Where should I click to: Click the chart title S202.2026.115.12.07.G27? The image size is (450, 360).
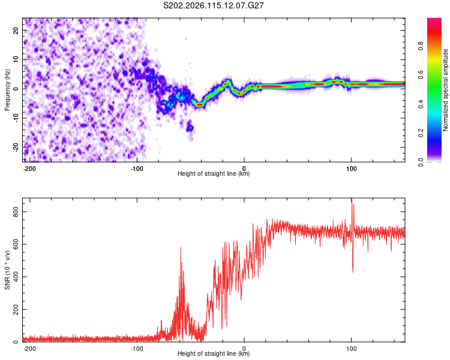tap(213, 5)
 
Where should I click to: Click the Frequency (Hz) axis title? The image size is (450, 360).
tap(7, 90)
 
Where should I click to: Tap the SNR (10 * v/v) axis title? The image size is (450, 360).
tap(7, 270)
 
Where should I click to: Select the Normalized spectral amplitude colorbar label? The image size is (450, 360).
tap(445, 90)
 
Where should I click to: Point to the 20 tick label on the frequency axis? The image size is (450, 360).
tap(16, 31)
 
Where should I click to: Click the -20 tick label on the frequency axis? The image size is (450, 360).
tap(16, 147)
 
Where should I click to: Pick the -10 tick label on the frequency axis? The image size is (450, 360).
tap(16, 118)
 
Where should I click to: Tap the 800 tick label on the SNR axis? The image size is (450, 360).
tap(16, 212)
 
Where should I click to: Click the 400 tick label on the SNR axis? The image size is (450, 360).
tap(16, 277)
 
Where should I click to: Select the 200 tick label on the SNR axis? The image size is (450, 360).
tap(16, 310)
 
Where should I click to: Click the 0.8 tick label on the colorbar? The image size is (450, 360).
tap(421, 46)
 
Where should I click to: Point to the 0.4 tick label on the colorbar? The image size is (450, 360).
tap(421, 104)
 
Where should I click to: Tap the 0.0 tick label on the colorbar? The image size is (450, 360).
tap(421, 162)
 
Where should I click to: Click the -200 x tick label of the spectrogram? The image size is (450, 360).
tap(29, 169)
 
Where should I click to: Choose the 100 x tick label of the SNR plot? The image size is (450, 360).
tap(351, 349)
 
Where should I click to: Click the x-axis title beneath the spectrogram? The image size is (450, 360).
tap(214, 173)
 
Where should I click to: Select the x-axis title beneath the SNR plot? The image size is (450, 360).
tap(214, 353)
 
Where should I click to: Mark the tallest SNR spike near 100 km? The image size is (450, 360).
tap(352, 199)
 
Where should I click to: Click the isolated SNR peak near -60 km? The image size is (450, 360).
tap(181, 247)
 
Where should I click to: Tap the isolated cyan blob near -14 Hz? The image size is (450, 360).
tap(190, 127)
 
